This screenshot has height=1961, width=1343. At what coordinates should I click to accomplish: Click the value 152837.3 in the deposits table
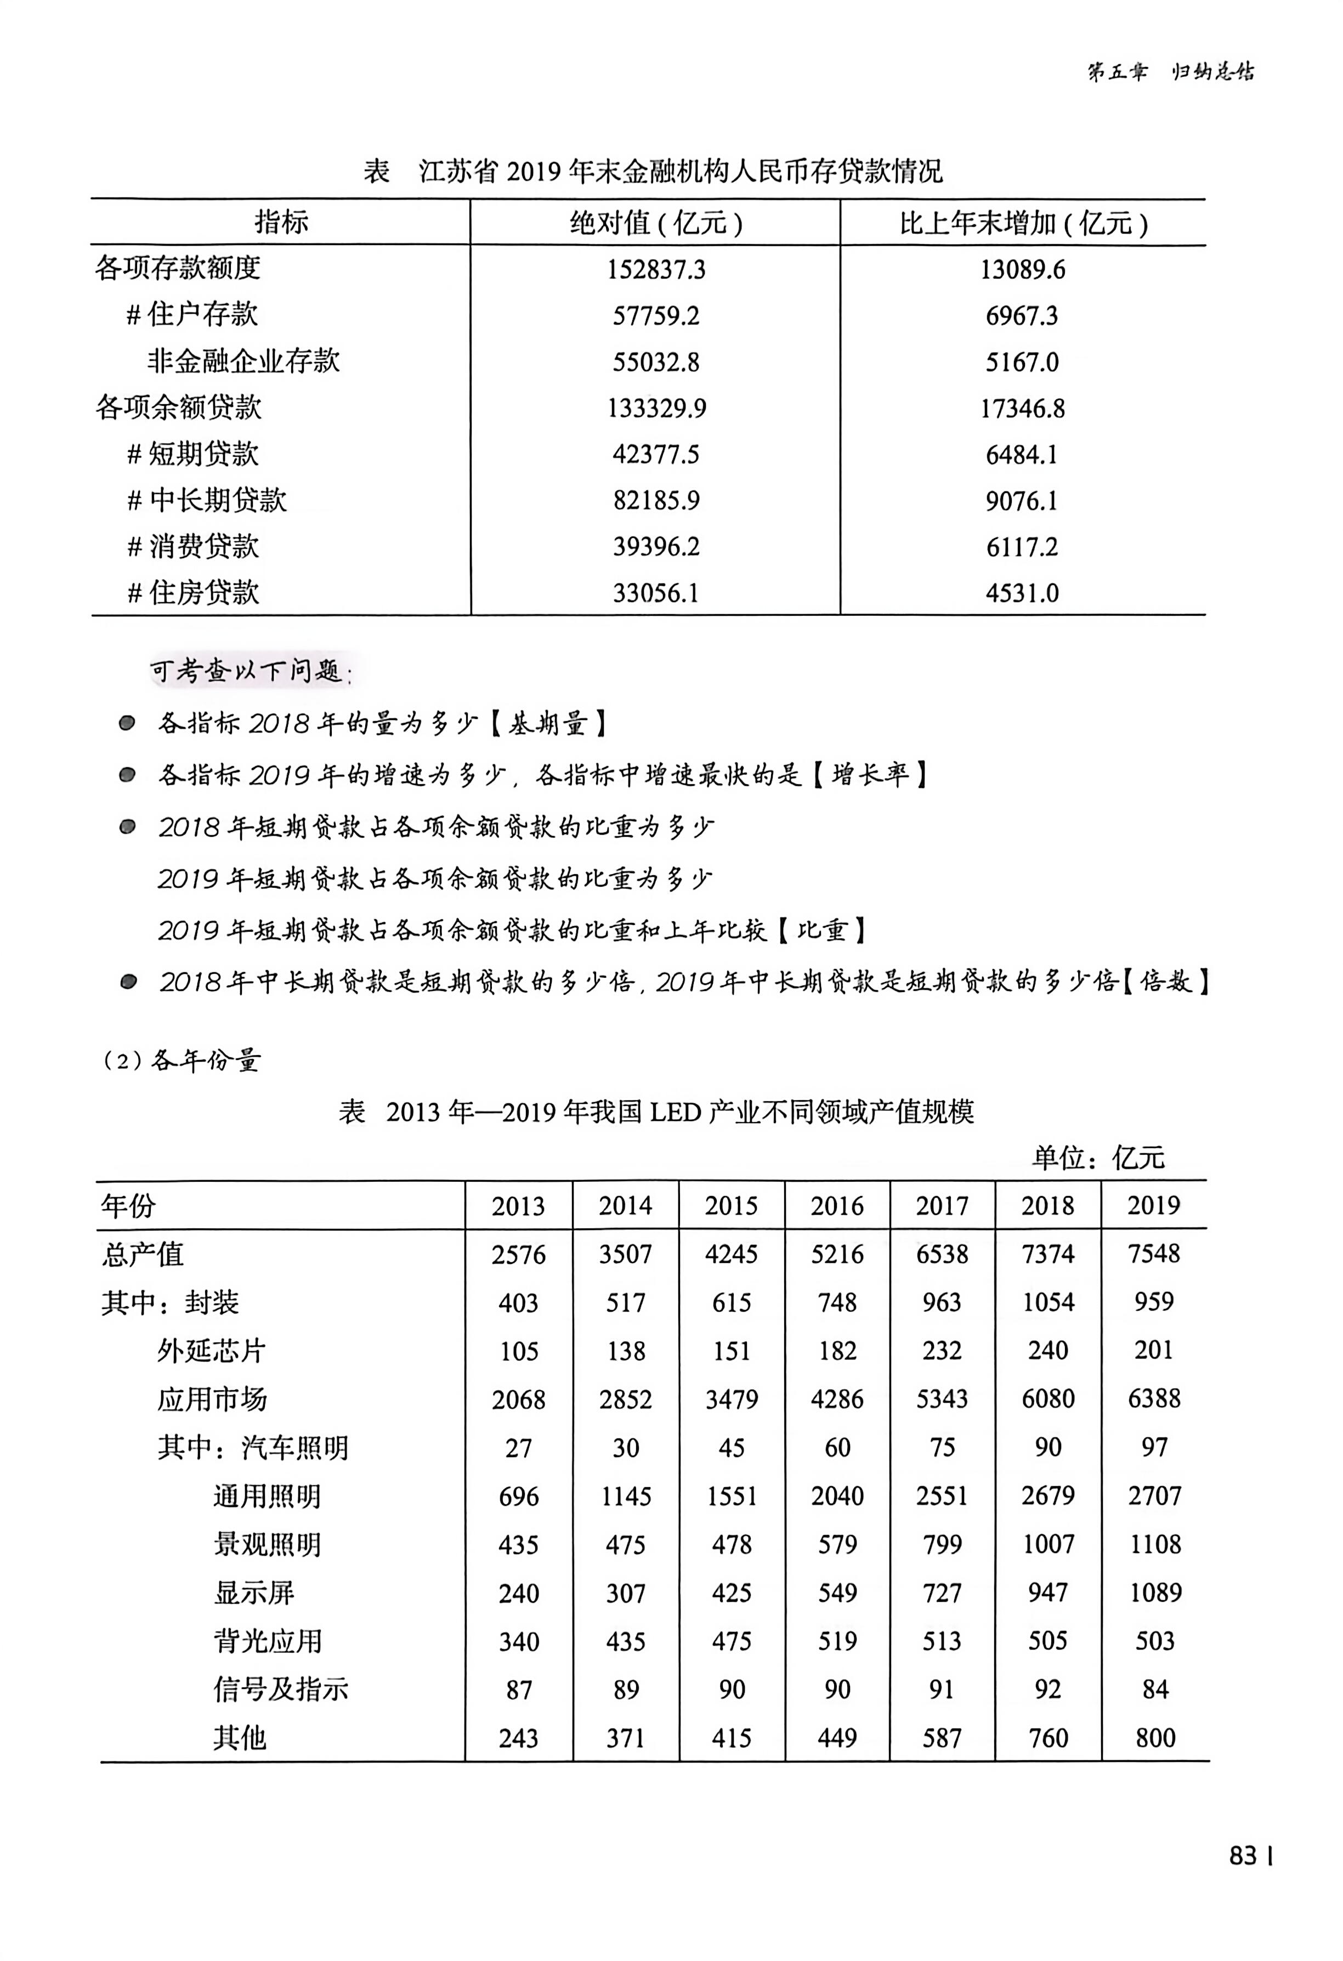click(x=655, y=269)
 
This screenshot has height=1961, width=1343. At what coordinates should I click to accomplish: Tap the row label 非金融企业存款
click(x=243, y=361)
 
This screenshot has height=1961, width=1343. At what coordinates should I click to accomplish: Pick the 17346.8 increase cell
click(x=1022, y=409)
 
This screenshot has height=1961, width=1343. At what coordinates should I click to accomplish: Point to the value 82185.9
click(x=655, y=500)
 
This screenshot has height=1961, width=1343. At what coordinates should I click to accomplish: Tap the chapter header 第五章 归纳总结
click(x=1170, y=72)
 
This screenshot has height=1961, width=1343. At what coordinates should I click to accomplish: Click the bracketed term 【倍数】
click(x=1165, y=982)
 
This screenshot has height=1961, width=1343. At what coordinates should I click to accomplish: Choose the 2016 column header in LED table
click(x=837, y=1206)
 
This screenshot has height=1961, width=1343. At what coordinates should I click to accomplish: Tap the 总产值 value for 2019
click(x=1153, y=1254)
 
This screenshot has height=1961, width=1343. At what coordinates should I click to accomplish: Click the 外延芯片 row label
click(x=211, y=1351)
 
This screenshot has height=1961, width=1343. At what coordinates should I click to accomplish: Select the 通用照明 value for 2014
click(x=625, y=1496)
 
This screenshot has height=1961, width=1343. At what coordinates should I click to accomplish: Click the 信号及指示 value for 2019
click(x=1154, y=1690)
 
